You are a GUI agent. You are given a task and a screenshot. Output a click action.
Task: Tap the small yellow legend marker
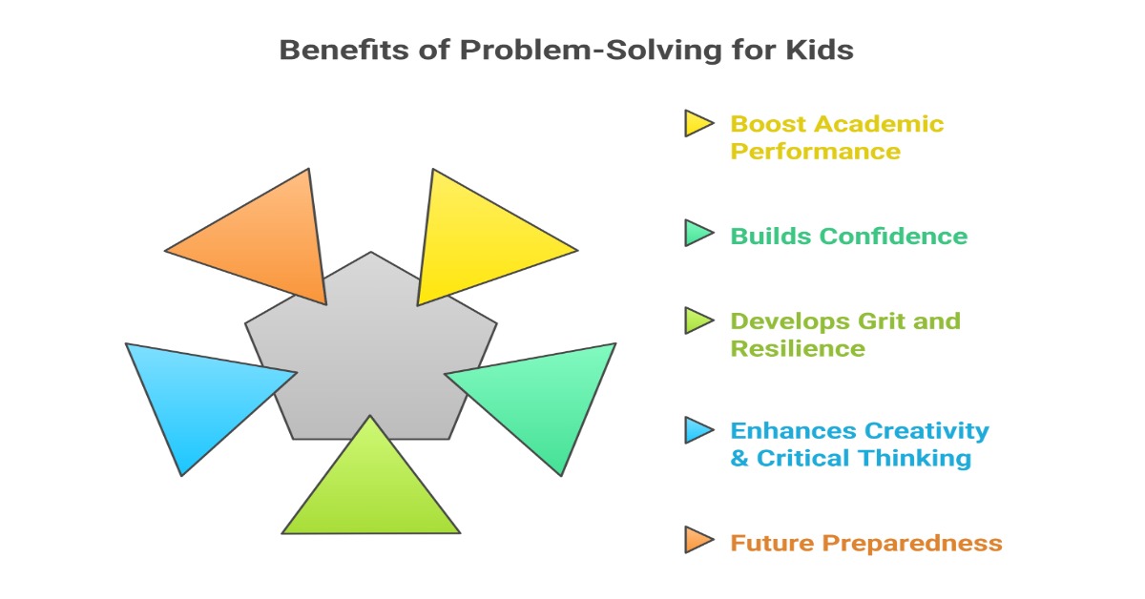pos(698,123)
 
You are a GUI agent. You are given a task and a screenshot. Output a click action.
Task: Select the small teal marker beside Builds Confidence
pos(698,233)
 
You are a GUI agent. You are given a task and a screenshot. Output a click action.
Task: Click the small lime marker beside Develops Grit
pos(698,320)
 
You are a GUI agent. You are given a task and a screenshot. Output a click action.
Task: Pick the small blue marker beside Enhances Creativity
pos(698,430)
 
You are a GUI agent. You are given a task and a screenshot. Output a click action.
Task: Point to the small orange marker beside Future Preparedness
pos(698,540)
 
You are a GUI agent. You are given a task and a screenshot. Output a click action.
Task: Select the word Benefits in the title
pos(344,50)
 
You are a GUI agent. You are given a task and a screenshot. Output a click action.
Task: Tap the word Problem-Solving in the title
pos(591,51)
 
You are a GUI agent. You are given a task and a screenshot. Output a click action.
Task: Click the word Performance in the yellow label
pos(815,152)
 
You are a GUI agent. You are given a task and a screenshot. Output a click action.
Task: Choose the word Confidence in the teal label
pos(893,237)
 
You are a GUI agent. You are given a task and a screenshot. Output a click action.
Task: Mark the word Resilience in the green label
pos(798,348)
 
